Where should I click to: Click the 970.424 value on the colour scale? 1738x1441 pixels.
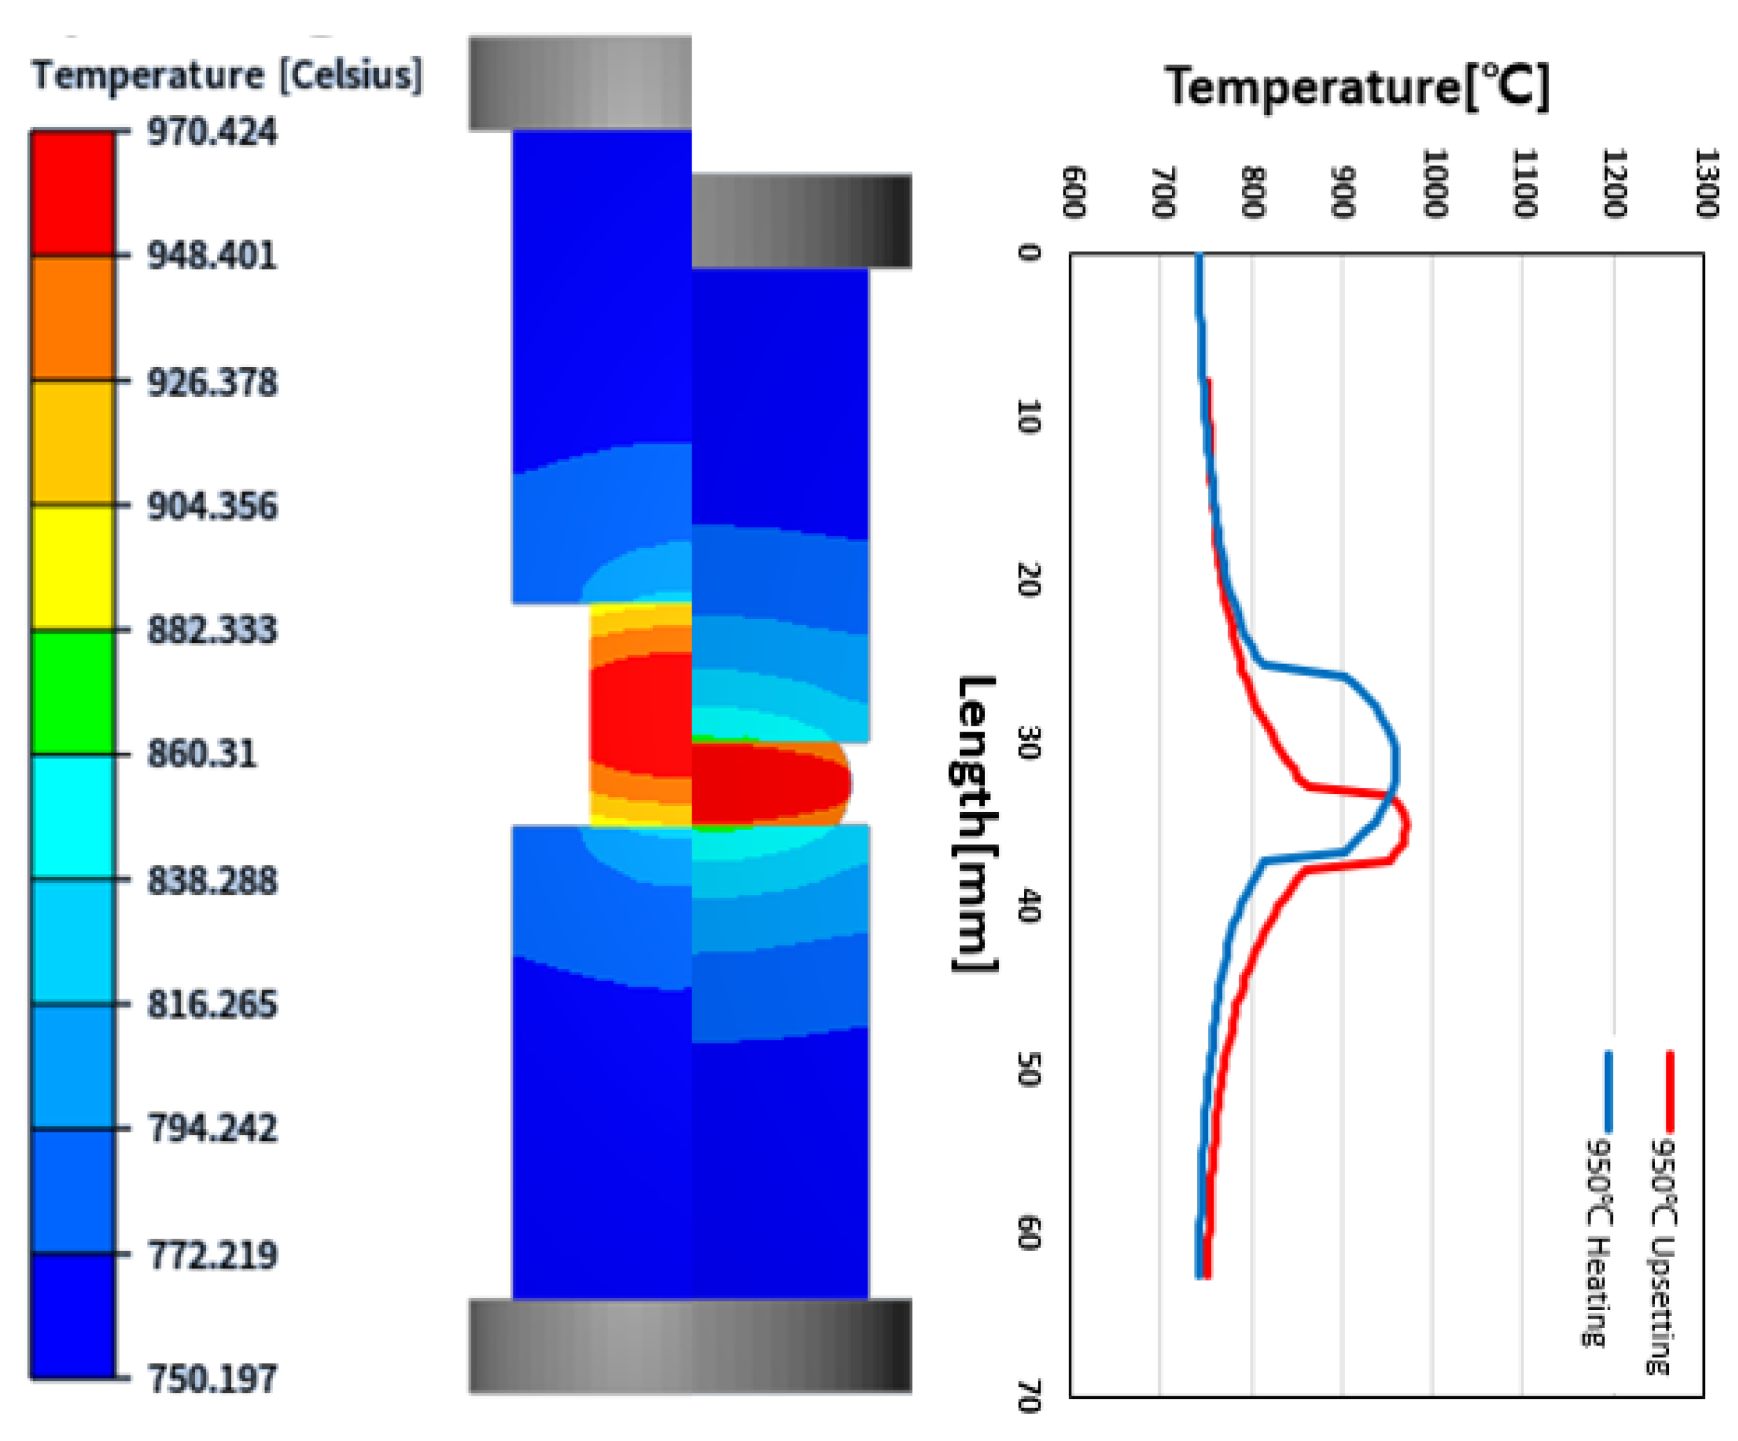pos(212,132)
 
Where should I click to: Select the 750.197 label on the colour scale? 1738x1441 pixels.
pos(212,1379)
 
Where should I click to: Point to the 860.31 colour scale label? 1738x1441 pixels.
pos(202,754)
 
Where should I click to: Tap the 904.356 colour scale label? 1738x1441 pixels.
pos(212,506)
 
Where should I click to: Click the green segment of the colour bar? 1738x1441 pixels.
pos(73,692)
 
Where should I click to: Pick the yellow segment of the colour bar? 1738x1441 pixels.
pos(73,568)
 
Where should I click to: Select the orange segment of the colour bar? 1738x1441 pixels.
pos(73,318)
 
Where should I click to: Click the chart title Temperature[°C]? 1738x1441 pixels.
pos(1356,87)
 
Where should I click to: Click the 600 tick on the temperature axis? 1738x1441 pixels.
pos(1073,192)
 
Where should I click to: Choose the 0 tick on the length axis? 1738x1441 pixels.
pos(1029,253)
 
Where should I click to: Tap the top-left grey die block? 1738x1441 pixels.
pos(579,83)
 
